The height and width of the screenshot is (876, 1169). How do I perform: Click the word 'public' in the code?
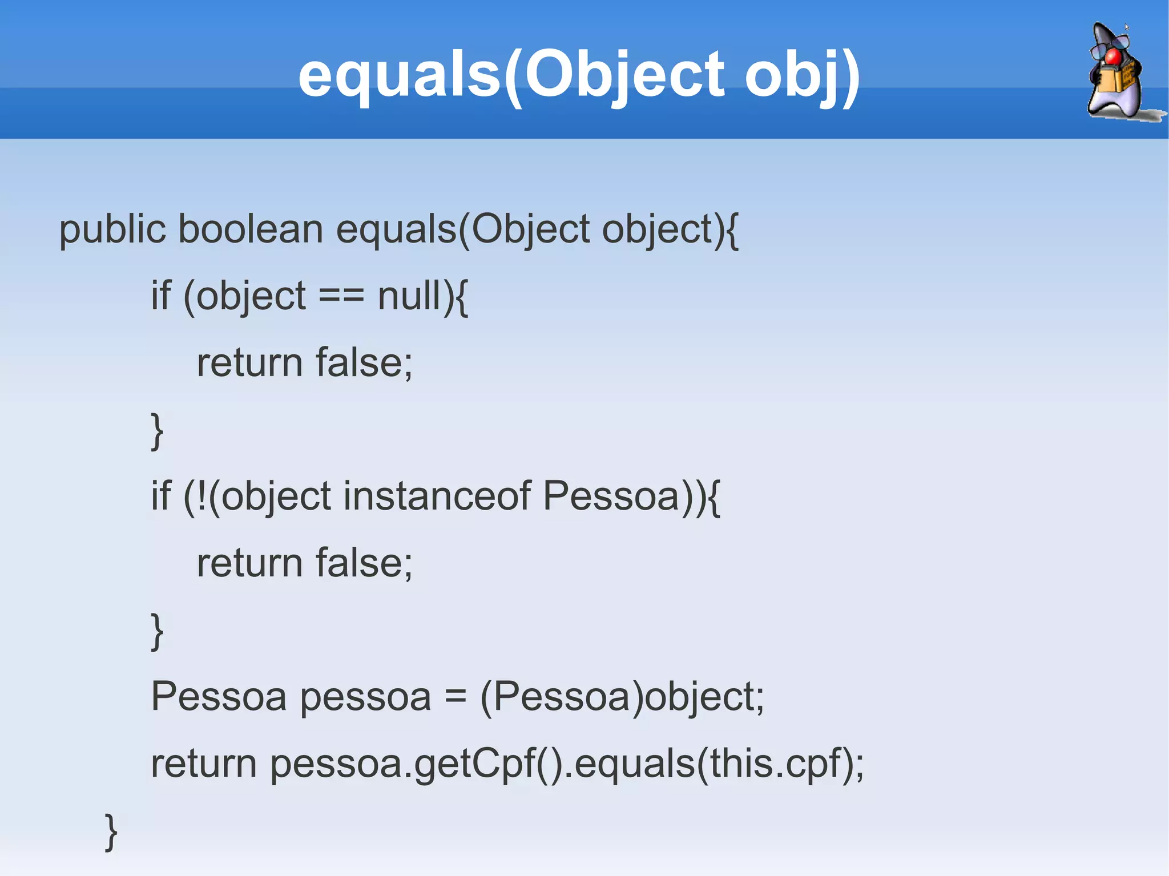click(x=112, y=230)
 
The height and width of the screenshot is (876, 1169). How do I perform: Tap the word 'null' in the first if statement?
click(x=409, y=296)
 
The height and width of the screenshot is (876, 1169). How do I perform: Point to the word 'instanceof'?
click(x=437, y=495)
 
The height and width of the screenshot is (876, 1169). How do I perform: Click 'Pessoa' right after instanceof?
click(x=611, y=495)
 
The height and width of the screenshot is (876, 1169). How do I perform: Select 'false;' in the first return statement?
click(x=364, y=363)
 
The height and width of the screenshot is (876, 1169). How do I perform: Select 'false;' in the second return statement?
click(x=364, y=563)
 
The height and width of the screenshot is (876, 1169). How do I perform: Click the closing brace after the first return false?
click(x=157, y=431)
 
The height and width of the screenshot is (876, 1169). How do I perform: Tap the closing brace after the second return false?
click(x=157, y=631)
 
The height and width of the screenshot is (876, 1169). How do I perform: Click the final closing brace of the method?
click(x=111, y=831)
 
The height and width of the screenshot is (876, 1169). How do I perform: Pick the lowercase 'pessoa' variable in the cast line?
click(x=365, y=697)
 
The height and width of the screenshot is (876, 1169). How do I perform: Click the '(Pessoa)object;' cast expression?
click(x=622, y=697)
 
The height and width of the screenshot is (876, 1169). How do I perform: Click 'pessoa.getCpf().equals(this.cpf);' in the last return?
click(x=567, y=764)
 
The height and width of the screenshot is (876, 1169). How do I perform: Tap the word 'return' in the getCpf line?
click(x=203, y=764)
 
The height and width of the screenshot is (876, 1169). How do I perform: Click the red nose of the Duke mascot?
click(x=1113, y=56)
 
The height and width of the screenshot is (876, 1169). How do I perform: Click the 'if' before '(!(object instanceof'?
click(x=160, y=495)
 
